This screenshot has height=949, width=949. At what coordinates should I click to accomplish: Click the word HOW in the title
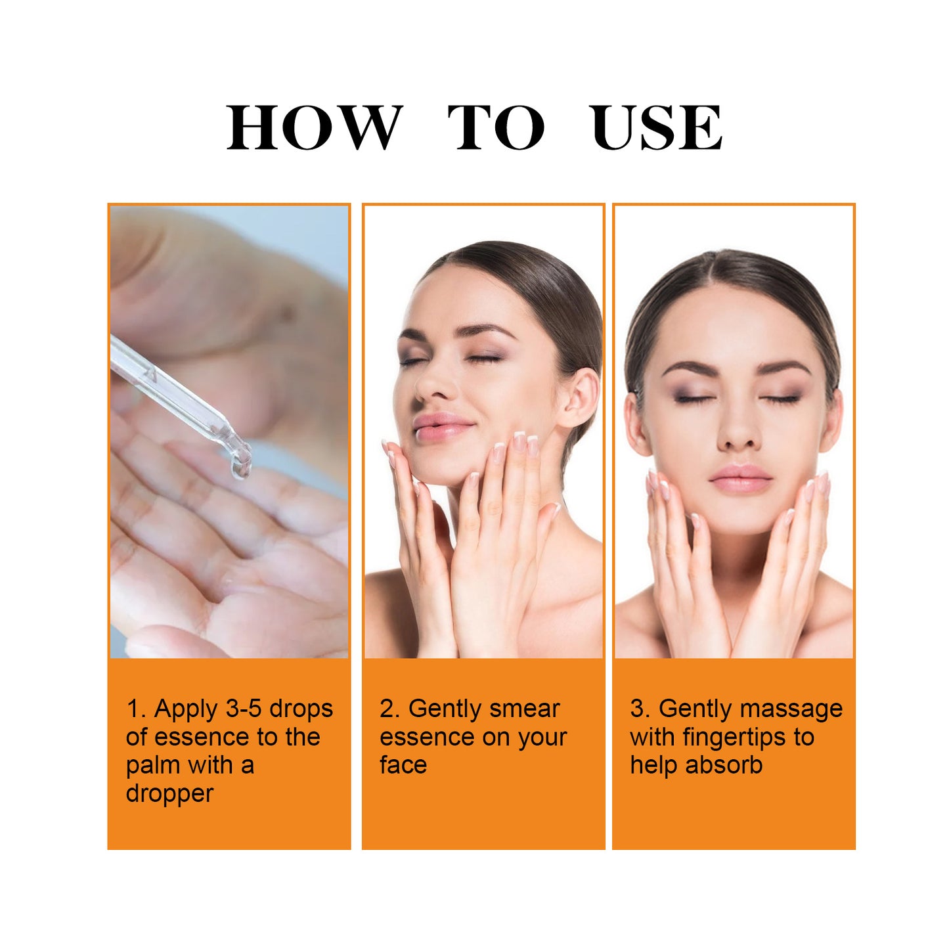314,127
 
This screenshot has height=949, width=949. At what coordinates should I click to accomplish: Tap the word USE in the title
656,127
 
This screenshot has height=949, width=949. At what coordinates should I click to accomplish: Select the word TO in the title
496,127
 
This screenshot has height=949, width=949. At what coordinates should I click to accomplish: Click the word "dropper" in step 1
169,793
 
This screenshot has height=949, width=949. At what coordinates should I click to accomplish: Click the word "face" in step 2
403,765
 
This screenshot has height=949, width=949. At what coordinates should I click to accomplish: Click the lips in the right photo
740,477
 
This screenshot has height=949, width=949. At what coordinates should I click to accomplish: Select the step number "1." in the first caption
136,709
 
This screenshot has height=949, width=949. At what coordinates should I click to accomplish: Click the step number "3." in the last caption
640,709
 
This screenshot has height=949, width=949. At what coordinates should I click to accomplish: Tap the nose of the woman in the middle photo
428,387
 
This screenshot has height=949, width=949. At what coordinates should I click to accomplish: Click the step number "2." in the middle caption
389,709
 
